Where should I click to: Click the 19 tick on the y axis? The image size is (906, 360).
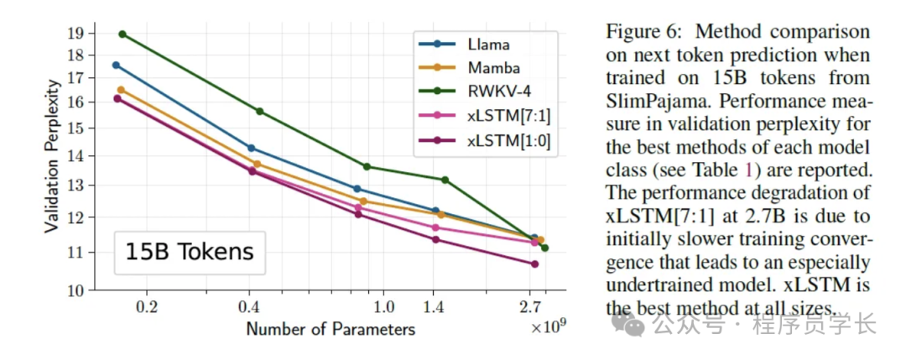tap(75, 34)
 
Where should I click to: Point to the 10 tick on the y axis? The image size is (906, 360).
tap(75, 290)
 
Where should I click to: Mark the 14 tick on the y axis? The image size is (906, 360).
tap(75, 156)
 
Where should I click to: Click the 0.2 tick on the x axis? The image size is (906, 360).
tap(147, 307)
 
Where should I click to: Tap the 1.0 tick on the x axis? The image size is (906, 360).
tap(383, 307)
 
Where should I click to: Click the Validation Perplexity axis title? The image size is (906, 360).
tap(52, 156)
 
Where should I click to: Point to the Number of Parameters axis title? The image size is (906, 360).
tap(331, 328)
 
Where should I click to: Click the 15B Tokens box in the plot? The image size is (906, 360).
tap(190, 251)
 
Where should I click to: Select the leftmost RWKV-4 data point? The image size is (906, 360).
tap(122, 34)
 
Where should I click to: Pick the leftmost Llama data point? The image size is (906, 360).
tap(117, 65)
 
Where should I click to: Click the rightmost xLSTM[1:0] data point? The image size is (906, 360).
tap(534, 264)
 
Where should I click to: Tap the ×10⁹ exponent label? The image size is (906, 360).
tap(549, 327)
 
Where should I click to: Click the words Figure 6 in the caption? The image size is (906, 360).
tap(641, 33)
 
